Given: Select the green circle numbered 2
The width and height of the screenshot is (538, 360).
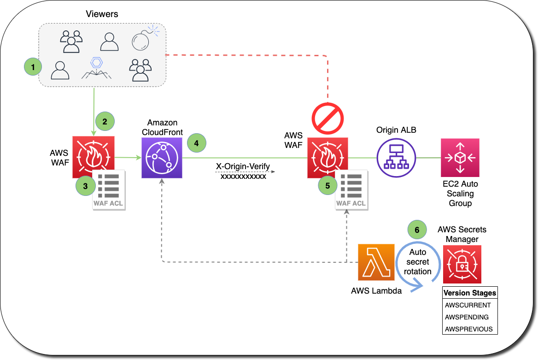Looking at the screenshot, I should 105,122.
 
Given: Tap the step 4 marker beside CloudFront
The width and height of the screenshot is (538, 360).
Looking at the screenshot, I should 197,143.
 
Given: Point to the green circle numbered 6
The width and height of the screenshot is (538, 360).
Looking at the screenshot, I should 417,229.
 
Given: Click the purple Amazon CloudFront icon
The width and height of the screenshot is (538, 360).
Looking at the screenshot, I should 162,157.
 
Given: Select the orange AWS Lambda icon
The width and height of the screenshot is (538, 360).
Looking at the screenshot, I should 376,262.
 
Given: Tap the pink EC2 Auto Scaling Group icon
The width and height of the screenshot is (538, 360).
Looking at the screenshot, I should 460,158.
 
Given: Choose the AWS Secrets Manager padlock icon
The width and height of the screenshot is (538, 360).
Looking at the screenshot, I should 462,264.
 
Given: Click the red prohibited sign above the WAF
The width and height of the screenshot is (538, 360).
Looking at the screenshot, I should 328,118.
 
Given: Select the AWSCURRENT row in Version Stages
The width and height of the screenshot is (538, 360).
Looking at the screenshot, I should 468,305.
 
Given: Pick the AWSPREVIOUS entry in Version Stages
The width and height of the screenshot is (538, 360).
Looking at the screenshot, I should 468,329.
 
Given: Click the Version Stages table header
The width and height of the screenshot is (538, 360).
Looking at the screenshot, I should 469,293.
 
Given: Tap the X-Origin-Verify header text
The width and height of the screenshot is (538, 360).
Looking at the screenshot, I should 243,166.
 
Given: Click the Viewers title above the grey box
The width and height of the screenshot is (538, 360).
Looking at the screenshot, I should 102,14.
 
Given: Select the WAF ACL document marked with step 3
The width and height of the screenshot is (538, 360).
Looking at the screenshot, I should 109,190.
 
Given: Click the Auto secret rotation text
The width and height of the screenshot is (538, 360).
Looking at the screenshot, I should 417,262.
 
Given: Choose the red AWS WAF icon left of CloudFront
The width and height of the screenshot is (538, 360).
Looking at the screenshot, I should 93,157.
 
